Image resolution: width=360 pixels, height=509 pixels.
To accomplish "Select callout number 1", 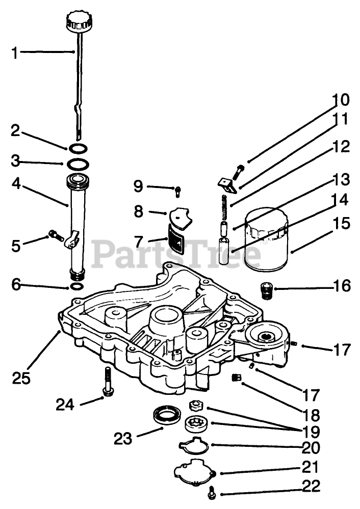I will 15,52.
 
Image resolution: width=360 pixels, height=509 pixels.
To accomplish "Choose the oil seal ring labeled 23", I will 168,414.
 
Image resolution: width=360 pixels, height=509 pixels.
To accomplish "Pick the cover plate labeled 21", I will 195,470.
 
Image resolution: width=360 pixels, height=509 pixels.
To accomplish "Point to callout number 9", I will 139,186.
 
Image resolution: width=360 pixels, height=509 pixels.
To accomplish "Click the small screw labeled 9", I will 177,191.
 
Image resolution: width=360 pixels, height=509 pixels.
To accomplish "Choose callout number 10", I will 342,99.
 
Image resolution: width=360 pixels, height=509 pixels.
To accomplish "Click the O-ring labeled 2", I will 78,149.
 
